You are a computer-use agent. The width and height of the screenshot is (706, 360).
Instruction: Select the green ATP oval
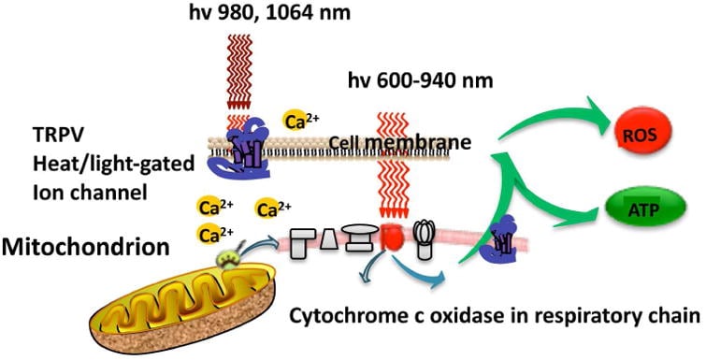pyautogui.click(x=646, y=208)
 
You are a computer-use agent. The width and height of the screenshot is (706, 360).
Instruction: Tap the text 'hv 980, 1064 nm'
pyautogui.click(x=269, y=12)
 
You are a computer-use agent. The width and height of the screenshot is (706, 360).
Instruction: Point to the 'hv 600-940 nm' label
pyautogui.click(x=420, y=81)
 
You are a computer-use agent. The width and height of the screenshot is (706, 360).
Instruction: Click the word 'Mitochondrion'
pyautogui.click(x=85, y=247)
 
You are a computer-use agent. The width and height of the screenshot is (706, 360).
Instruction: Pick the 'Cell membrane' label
pyautogui.click(x=400, y=142)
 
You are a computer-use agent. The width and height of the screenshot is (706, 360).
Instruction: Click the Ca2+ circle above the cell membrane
pyautogui.click(x=298, y=121)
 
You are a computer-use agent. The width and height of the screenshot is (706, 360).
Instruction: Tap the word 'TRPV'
pyautogui.click(x=58, y=135)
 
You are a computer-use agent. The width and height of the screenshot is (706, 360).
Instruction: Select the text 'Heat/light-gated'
pyautogui.click(x=113, y=164)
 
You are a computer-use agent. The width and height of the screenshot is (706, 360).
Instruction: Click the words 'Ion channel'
pyautogui.click(x=90, y=192)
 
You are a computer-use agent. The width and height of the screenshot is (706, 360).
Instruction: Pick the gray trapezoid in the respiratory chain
pyautogui.click(x=329, y=239)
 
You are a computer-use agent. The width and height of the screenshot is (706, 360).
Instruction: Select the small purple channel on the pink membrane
pyautogui.click(x=499, y=239)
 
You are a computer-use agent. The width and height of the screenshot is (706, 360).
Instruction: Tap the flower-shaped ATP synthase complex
pyautogui.click(x=425, y=238)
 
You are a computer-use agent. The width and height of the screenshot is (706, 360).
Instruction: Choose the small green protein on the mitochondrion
pyautogui.click(x=229, y=258)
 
